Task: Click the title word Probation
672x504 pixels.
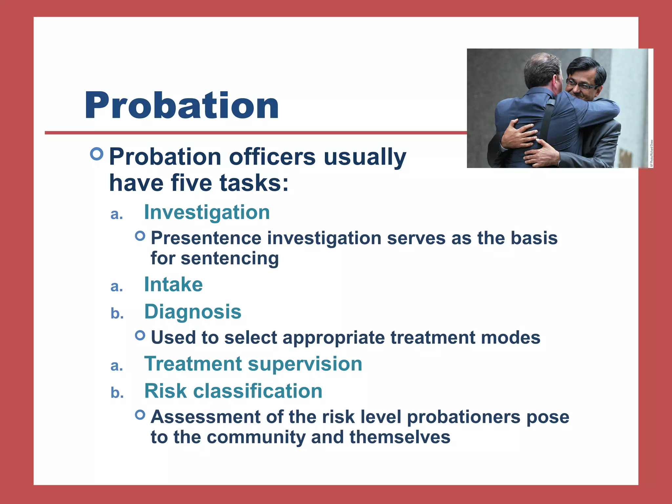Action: pos(181,106)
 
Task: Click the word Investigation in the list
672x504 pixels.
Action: pos(207,212)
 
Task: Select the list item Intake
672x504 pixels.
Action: pos(173,284)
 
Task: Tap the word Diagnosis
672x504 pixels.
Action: pos(193,312)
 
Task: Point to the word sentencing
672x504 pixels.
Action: pos(230,258)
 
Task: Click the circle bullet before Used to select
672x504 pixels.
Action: pos(140,335)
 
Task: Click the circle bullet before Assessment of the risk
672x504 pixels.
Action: pos(140,415)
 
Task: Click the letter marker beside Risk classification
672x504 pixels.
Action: pos(117,393)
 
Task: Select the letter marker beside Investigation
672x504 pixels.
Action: pos(117,214)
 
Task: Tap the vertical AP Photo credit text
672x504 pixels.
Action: pos(652,154)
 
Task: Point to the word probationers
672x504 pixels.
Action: pos(464,417)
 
